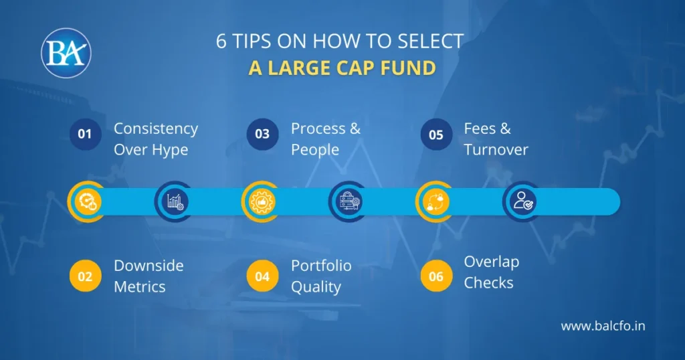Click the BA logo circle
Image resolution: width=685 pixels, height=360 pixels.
tap(66, 53)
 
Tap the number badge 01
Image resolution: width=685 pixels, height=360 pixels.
tap(85, 134)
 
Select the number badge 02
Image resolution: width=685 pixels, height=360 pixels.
tap(85, 276)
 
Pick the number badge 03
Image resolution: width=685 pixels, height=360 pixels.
tap(262, 134)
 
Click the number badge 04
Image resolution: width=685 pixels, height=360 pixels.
tap(262, 276)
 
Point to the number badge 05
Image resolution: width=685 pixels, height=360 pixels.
tap(435, 134)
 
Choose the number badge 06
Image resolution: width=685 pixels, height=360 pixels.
tap(435, 276)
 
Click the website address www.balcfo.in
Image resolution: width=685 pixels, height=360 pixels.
tap(603, 327)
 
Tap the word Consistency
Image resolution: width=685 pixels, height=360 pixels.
tap(156, 128)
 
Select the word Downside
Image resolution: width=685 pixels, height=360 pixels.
tap(149, 266)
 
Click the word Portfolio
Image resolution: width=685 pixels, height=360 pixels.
tap(321, 266)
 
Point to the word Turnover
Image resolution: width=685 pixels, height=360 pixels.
tap(496, 149)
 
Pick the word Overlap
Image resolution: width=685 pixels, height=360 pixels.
tap(492, 262)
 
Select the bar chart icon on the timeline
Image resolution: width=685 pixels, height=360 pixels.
tap(175, 201)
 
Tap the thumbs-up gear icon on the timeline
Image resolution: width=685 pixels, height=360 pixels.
tap(261, 201)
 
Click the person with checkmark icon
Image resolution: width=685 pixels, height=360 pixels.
tap(522, 201)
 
